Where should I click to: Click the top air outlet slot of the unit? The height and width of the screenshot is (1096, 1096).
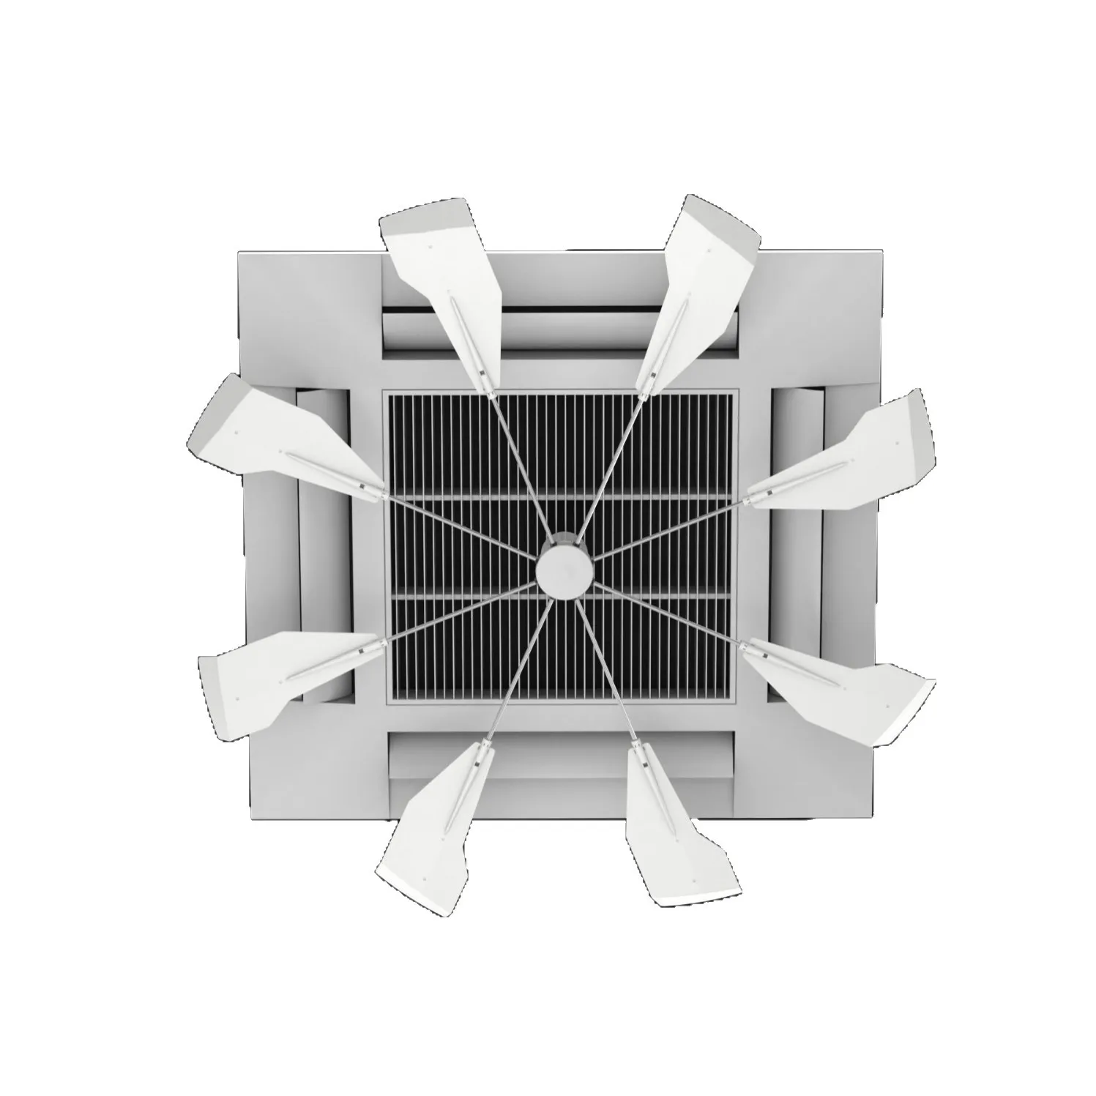564,322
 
